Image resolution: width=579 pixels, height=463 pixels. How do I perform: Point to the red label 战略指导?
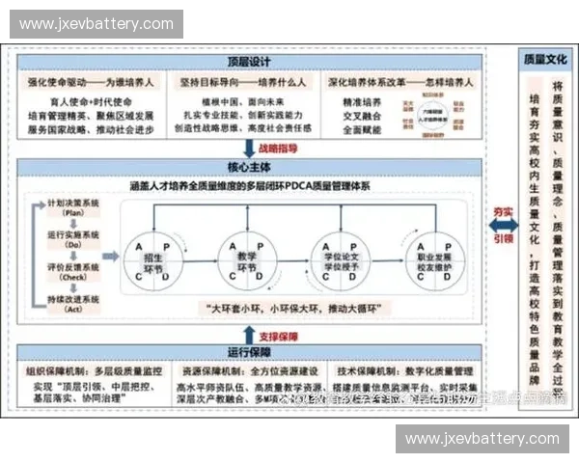(x=277, y=150)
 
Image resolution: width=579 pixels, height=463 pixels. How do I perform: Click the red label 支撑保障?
(x=277, y=336)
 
